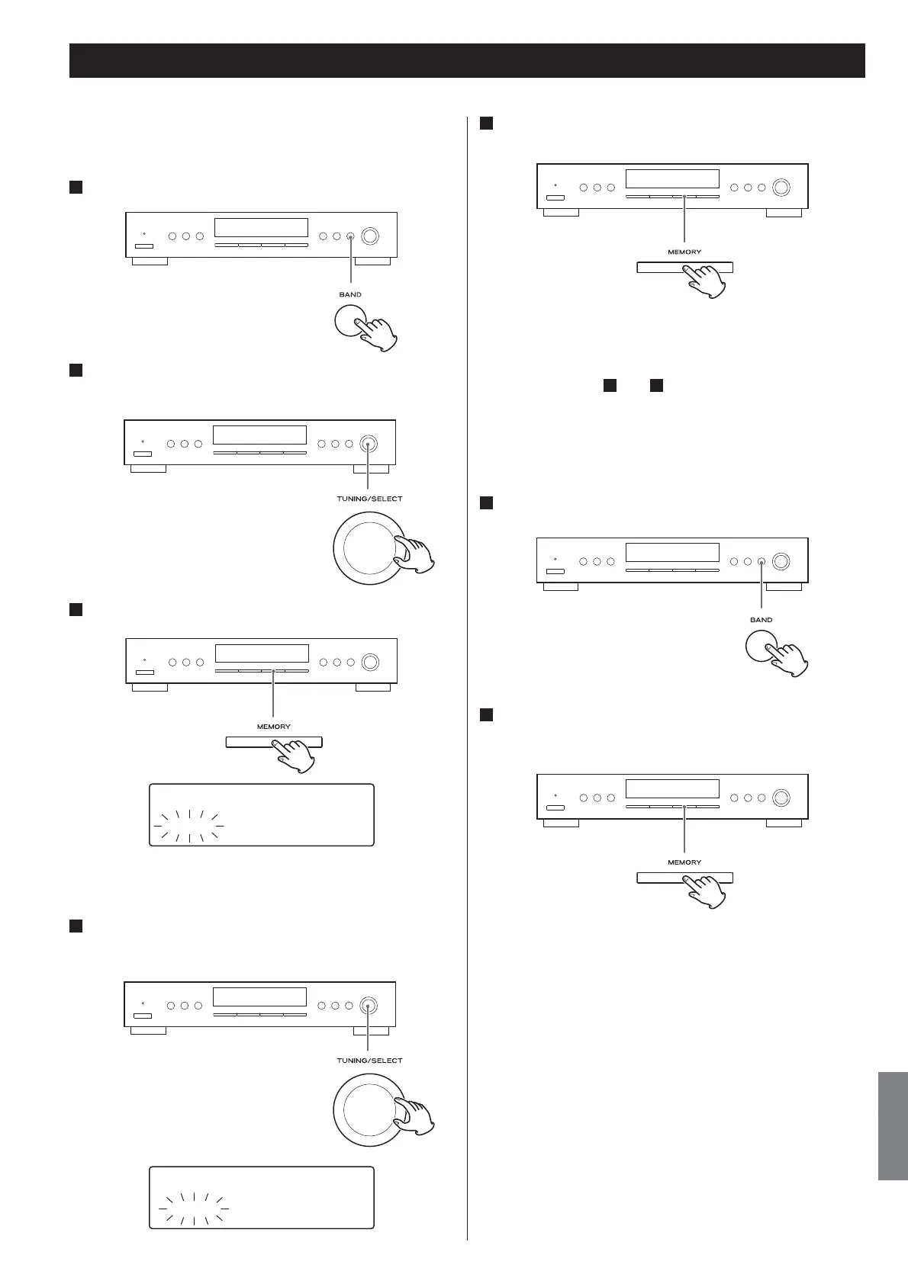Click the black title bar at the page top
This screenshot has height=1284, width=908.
pyautogui.click(x=467, y=60)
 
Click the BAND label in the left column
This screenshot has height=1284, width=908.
pyautogui.click(x=350, y=294)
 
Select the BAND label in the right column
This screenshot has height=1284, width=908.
pyautogui.click(x=761, y=620)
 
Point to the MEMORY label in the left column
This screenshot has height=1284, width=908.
pyautogui.click(x=273, y=727)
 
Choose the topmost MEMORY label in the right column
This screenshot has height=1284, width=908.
pyautogui.click(x=684, y=252)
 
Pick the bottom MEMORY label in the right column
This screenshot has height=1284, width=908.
pyautogui.click(x=684, y=862)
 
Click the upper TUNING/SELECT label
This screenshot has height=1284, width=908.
pyautogui.click(x=369, y=499)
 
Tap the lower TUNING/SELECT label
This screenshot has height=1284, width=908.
pyautogui.click(x=369, y=1061)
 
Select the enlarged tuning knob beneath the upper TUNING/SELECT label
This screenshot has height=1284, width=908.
pyautogui.click(x=368, y=547)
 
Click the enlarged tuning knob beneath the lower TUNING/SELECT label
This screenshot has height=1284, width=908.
pyautogui.click(x=368, y=1109)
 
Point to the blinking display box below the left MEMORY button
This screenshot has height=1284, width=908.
pyautogui.click(x=261, y=814)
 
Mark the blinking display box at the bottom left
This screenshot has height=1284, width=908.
pyautogui.click(x=261, y=1197)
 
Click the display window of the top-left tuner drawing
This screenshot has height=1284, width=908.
pyautogui.click(x=261, y=227)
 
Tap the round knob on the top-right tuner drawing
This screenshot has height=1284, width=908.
pyautogui.click(x=780, y=188)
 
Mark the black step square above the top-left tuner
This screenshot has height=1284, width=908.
pyautogui.click(x=76, y=188)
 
